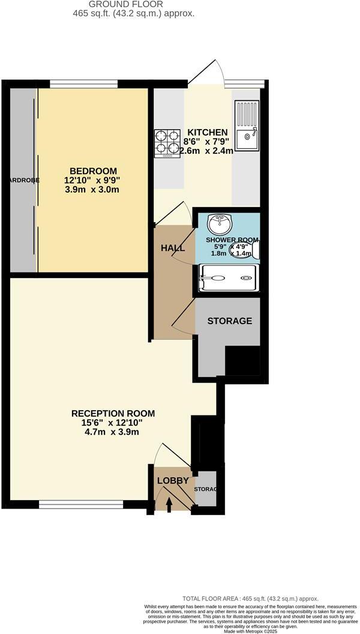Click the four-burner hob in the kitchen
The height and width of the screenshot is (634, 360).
[x=167, y=143]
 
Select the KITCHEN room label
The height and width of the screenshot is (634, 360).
[x=208, y=132]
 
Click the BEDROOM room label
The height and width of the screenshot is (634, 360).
[x=92, y=171]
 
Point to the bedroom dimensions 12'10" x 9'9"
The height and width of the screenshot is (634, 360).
[x=92, y=180]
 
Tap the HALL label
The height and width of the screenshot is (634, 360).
[x=173, y=248]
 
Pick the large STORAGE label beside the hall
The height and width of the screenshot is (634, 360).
[x=229, y=321]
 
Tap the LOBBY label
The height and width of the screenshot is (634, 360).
[x=173, y=480]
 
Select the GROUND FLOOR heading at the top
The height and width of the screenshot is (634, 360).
[x=125, y=4]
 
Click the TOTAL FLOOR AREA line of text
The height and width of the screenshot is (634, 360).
[x=250, y=599]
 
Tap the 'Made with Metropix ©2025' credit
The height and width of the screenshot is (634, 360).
[x=250, y=630]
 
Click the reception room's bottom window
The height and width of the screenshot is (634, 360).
[x=82, y=504]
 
